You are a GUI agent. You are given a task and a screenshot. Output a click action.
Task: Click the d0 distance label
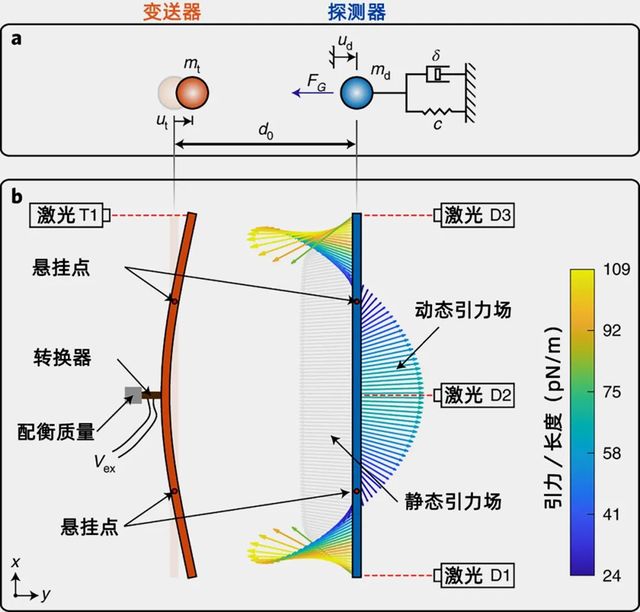(266, 131)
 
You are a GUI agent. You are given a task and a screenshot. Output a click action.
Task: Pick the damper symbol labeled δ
(437, 76)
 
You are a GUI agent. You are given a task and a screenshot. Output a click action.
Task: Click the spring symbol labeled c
(437, 111)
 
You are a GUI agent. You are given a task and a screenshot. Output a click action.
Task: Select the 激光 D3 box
(473, 214)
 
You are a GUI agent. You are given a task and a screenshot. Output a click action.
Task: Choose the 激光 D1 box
(473, 576)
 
